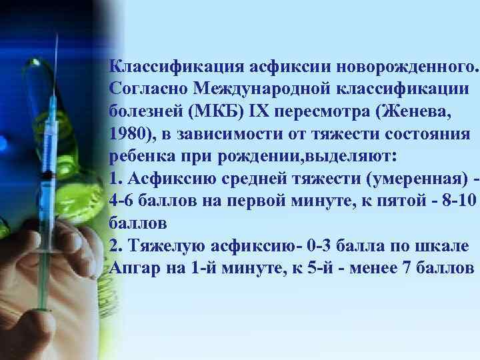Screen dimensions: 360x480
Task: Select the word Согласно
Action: (147, 89)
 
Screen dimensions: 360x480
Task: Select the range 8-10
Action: (453, 202)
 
